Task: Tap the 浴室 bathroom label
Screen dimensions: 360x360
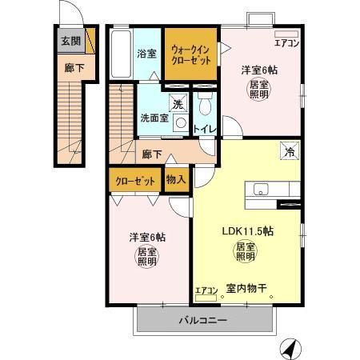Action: coord(146,54)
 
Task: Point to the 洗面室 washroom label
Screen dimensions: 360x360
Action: coord(154,118)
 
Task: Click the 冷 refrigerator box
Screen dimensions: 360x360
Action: coord(286,149)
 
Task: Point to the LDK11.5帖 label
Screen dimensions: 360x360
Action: coord(248,231)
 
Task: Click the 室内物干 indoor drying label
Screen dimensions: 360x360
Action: coord(248,290)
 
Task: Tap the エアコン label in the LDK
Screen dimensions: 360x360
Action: coord(206,291)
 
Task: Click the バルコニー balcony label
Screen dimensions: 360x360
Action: coord(202,321)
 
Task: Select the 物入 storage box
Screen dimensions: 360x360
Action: coord(176,180)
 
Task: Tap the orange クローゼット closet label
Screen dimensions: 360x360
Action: coord(134,181)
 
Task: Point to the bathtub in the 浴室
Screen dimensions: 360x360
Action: coord(120,54)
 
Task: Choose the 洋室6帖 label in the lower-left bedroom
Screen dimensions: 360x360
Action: coord(148,237)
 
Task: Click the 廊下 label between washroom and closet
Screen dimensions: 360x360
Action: coord(153,154)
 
